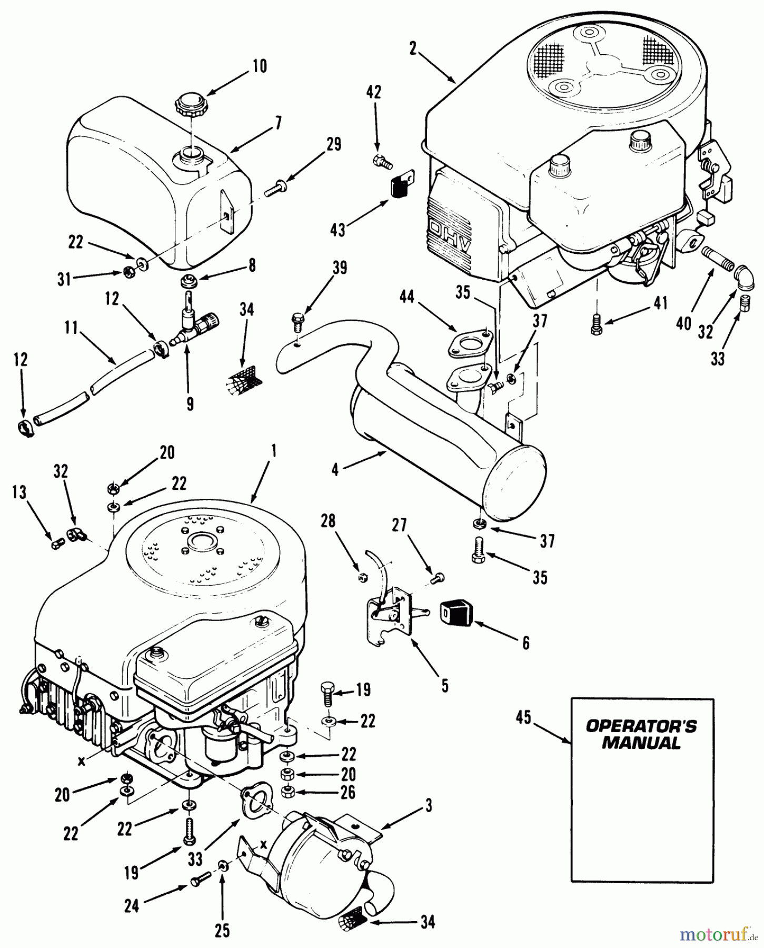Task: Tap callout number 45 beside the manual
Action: click(x=523, y=718)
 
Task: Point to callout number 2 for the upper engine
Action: click(x=413, y=49)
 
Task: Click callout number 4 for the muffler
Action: click(x=335, y=469)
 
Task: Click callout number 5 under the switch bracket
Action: click(x=444, y=686)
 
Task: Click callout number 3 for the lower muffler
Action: click(x=429, y=806)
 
